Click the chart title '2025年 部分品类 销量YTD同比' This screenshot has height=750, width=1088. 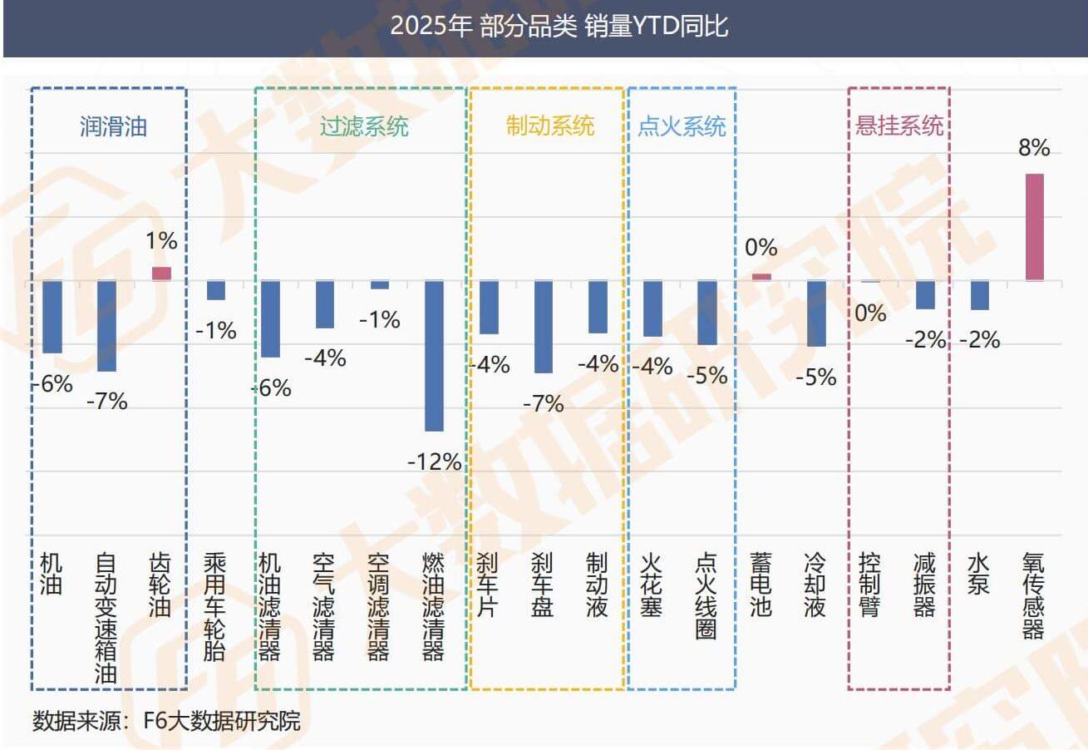[559, 26]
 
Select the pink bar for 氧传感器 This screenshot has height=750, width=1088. [1034, 226]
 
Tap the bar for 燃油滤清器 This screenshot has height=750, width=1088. [434, 355]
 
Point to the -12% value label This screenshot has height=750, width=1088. [434, 461]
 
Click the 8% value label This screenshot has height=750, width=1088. [1034, 149]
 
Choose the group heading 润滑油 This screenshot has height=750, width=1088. [113, 126]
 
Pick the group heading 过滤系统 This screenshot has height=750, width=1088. [364, 126]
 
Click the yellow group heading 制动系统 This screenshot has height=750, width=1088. [550, 126]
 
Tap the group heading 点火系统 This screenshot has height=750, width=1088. [682, 126]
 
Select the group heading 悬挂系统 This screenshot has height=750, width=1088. [899, 126]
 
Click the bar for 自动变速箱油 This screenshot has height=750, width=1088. [106, 326]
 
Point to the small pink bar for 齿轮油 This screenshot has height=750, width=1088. [161, 274]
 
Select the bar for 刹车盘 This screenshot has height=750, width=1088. [544, 327]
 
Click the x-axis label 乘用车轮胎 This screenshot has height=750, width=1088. [214, 605]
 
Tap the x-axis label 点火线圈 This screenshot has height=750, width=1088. [706, 595]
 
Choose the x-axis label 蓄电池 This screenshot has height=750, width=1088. [761, 585]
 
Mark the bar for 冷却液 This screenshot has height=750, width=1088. [816, 313]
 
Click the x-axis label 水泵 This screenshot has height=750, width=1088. [978, 574]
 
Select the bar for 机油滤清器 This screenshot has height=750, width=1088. [270, 318]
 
